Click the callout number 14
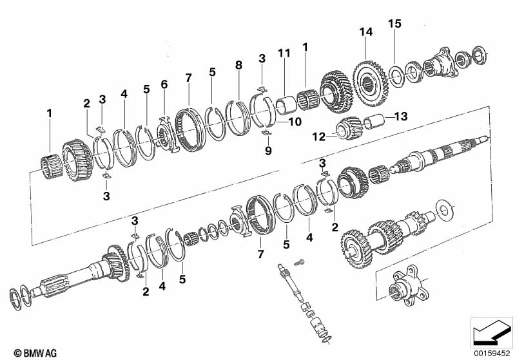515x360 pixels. [366, 32]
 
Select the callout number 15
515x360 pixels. [394, 24]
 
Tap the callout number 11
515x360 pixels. [284, 53]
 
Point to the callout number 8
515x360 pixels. [238, 65]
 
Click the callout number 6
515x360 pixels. [164, 84]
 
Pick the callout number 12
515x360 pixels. [318, 137]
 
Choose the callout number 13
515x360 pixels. [401, 116]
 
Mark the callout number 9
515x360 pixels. [268, 151]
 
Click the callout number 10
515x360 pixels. [295, 122]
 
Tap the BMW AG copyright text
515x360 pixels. [35, 353]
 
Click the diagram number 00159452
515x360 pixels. [492, 354]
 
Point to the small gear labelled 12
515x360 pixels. [349, 128]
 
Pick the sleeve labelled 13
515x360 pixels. [374, 122]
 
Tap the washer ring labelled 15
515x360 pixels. [396, 77]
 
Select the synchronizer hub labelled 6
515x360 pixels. [166, 134]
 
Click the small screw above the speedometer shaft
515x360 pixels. [299, 263]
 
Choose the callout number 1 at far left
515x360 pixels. [49, 113]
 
